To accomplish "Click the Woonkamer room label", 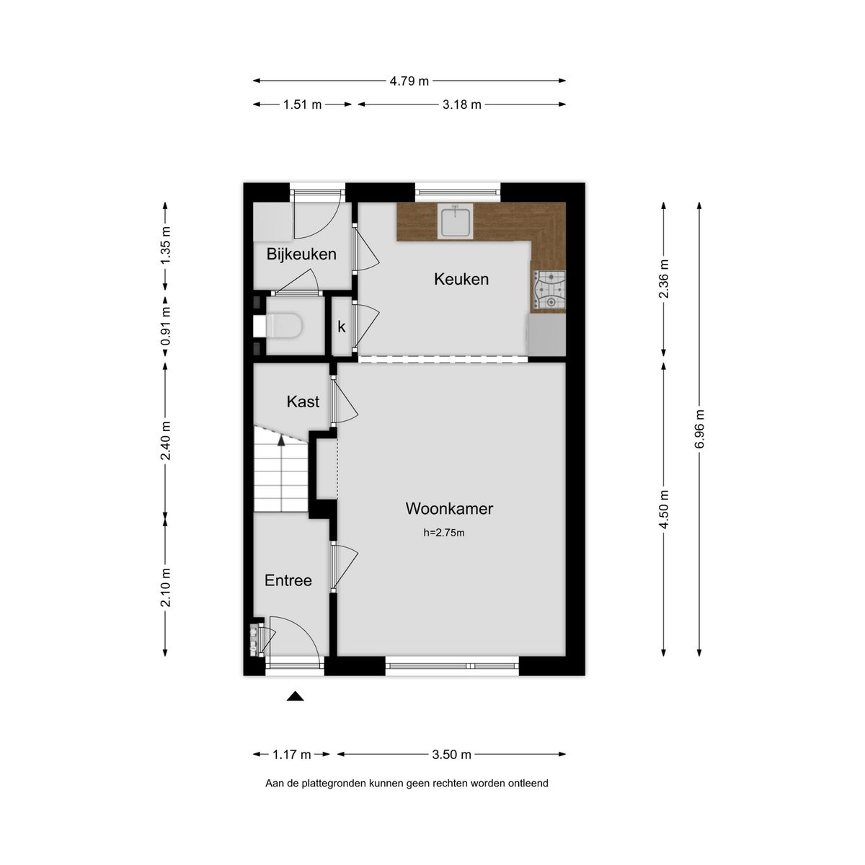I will coord(449,508).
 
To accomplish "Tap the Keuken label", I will coord(461,279).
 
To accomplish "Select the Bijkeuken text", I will coord(301,254).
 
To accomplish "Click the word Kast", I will coord(303,402).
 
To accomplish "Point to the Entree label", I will coord(288,580).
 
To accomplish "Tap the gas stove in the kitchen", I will coord(549,290).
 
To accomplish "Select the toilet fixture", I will coord(285,327).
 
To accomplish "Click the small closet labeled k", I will coord(342,327).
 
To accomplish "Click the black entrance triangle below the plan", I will coord(295,696).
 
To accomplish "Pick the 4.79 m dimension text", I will coord(409,81).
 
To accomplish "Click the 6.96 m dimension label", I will coord(698,430).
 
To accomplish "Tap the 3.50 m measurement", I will coord(452,755).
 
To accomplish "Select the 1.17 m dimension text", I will coord(291,755).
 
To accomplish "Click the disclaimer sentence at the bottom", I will coord(407,783).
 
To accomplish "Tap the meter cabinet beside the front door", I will coord(254,640).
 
